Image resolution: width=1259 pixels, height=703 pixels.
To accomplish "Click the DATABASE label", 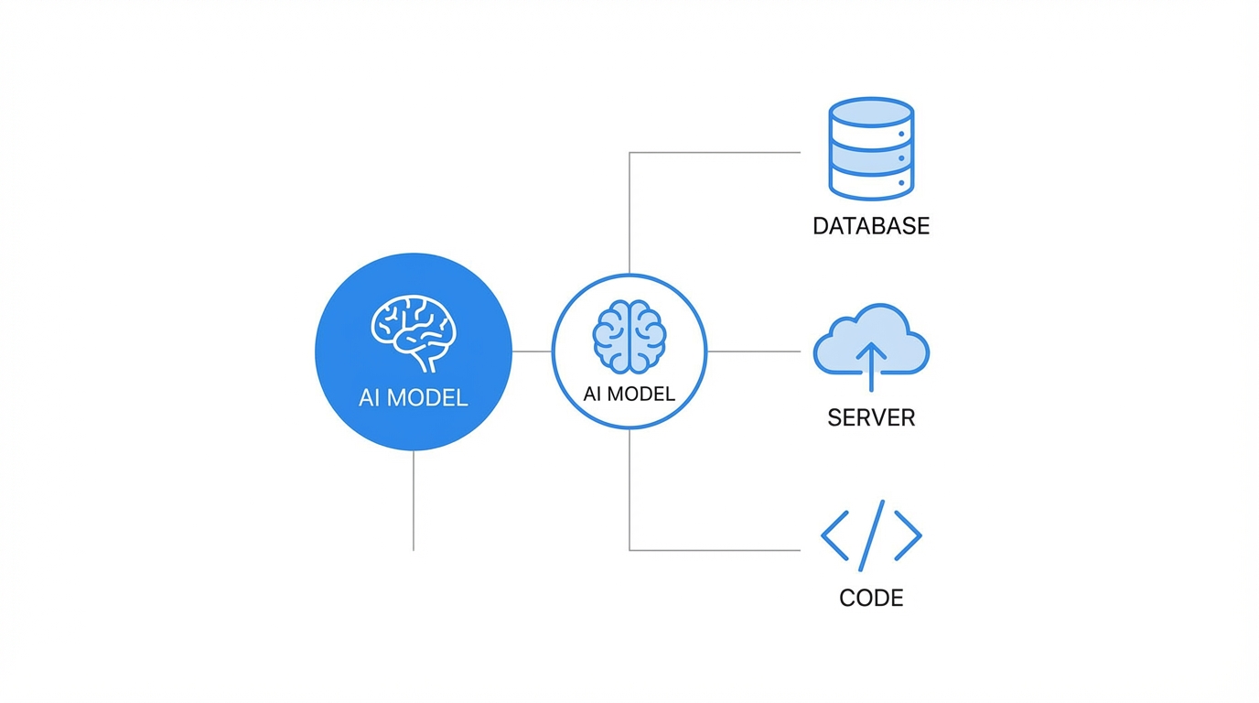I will point(870,226).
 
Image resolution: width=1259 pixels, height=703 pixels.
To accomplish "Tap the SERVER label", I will point(870,418).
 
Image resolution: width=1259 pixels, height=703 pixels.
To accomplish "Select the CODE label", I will point(870,598).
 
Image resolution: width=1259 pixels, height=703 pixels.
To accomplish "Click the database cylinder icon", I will point(870,148).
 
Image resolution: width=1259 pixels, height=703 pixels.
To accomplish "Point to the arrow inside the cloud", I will point(870,363).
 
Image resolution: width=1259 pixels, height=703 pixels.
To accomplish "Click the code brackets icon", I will point(870,535).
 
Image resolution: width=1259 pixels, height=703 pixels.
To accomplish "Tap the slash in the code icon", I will point(871,535).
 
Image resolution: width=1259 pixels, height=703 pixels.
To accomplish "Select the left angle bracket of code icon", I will point(834,535).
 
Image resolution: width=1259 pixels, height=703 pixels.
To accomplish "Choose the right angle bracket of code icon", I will point(908,535).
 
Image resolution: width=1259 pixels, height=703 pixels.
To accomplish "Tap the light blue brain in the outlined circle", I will point(629,336).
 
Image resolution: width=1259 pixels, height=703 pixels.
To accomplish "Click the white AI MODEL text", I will point(414,398).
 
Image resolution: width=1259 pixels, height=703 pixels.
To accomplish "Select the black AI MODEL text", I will point(629,395).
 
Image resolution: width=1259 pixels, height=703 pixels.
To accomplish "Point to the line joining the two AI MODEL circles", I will point(532,351).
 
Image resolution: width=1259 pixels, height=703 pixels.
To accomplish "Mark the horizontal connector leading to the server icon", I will point(754,351).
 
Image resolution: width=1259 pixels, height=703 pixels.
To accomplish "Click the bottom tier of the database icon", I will point(870,183).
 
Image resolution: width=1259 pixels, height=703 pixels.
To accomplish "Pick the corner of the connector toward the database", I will point(629,153).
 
